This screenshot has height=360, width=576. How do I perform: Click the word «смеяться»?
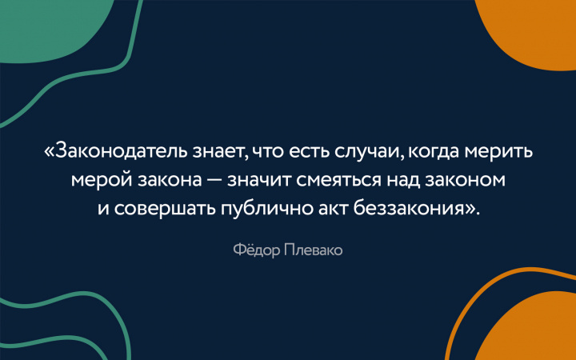click(335, 180)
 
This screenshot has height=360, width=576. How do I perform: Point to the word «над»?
click(402, 180)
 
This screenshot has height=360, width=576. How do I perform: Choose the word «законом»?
click(467, 180)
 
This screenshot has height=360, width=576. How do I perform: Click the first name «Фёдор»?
click(250, 251)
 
